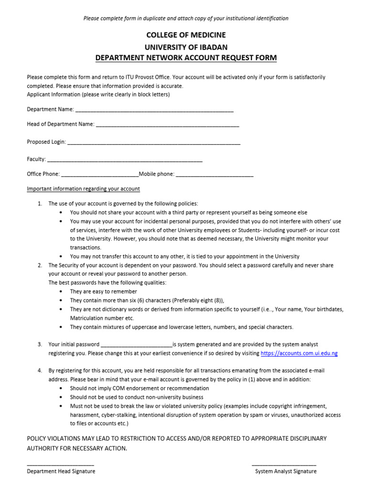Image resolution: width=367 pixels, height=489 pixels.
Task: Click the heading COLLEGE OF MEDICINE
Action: [x=186, y=35]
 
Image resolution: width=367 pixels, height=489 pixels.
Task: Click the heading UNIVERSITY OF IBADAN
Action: [x=186, y=47]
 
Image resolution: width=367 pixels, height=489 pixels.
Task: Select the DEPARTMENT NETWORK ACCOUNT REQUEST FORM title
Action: [x=186, y=58]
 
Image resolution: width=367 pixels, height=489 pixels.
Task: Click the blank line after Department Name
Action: [x=154, y=111]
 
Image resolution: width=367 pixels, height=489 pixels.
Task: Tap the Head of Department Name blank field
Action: [x=167, y=126]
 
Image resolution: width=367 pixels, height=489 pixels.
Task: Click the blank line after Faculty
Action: [x=125, y=160]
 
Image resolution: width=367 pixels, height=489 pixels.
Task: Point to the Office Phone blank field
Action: [x=100, y=175]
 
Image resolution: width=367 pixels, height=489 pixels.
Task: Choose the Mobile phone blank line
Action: [x=215, y=175]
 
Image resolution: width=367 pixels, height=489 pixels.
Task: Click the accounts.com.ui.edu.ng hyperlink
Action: [x=299, y=353]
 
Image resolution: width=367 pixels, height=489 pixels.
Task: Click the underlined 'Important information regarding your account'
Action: [x=83, y=189]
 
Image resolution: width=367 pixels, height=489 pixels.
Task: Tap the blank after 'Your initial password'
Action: [x=136, y=345]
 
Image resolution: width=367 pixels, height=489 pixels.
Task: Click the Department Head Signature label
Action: [x=61, y=471]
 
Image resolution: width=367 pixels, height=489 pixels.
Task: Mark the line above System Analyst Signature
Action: [x=284, y=465]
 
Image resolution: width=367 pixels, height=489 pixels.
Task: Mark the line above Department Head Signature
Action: [x=60, y=465]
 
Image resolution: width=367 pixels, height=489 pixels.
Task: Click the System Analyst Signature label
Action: [x=285, y=471]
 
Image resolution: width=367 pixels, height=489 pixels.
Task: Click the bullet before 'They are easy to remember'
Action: [x=60, y=291]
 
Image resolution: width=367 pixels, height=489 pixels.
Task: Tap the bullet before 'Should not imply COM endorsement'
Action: [x=60, y=388]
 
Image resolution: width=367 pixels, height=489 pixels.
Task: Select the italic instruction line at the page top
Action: [x=186, y=19]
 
